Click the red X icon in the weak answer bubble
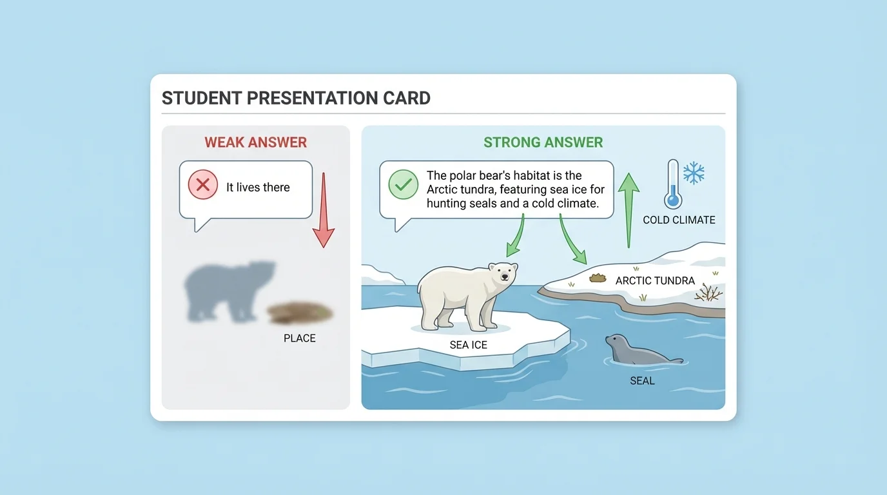click(x=203, y=186)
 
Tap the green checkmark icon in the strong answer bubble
click(x=403, y=186)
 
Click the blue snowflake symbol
click(x=694, y=173)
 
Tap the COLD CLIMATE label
click(x=679, y=220)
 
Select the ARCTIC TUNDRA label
click(x=655, y=280)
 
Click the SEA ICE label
click(x=469, y=345)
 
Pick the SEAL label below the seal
click(x=642, y=381)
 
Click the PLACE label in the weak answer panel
click(x=300, y=338)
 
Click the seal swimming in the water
click(x=638, y=351)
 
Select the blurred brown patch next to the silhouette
click(x=300, y=313)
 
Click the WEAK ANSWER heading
click(x=256, y=142)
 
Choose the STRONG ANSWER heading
click(x=543, y=142)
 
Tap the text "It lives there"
click(x=258, y=188)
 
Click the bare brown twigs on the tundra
click(x=709, y=293)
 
